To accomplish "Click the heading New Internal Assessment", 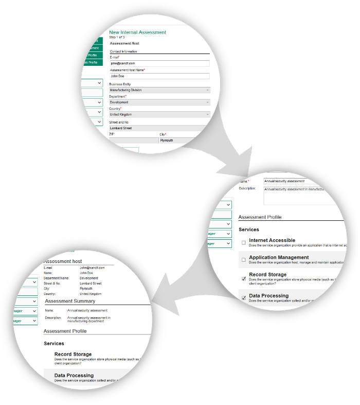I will (137, 32).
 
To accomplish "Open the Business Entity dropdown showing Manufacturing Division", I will (159, 90).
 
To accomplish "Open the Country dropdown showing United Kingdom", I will (159, 114).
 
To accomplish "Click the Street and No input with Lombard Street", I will (159, 128).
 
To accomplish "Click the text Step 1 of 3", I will (117, 38).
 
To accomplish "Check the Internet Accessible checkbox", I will (244, 242).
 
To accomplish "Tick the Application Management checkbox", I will (244, 260).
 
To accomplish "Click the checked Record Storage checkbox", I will (244, 278).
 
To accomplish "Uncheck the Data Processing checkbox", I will (244, 298).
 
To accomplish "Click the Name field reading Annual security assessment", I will (291, 181).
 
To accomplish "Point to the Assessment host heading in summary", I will (63, 261).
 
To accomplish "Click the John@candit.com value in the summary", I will (92, 268).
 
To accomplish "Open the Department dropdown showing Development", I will (159, 102).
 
